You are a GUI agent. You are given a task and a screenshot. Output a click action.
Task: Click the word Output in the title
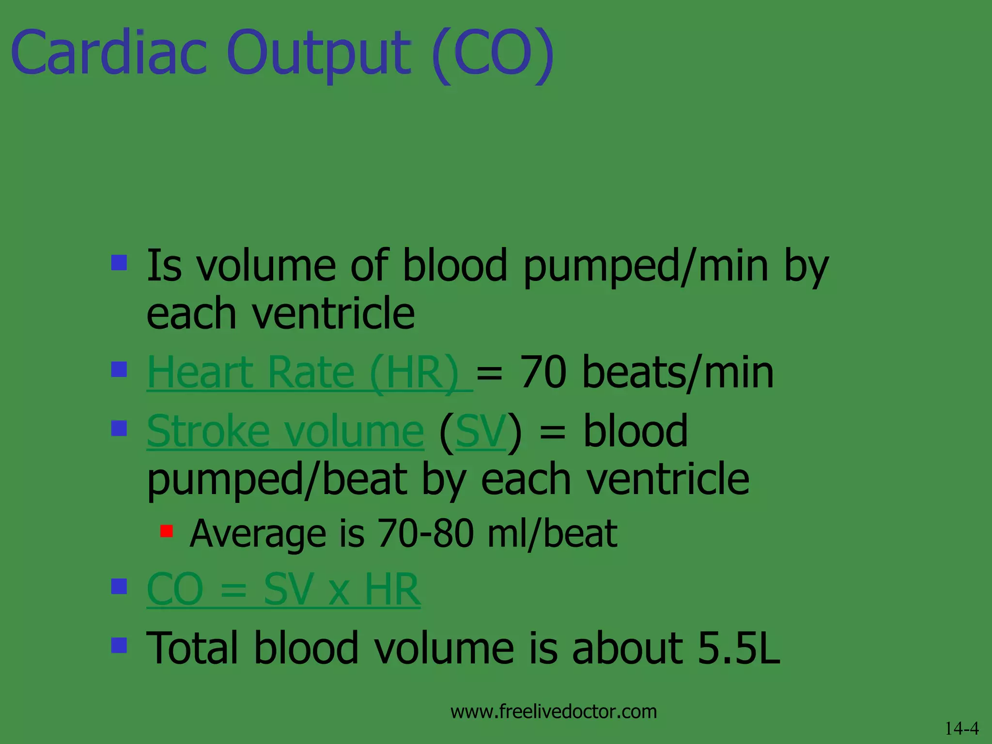[x=319, y=53]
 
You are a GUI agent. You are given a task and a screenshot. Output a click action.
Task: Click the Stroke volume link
[x=285, y=431]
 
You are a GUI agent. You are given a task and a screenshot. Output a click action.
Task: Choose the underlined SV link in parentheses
[x=480, y=431]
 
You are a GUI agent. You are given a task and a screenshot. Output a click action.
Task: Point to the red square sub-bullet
[x=167, y=531]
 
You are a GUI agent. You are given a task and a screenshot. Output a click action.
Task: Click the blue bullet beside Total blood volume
[x=119, y=645]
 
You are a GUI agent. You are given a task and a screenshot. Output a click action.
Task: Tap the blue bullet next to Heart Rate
[x=119, y=370]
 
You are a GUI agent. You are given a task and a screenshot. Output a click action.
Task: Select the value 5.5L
[x=739, y=648]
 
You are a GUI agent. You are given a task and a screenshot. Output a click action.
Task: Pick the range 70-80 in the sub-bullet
[x=425, y=533]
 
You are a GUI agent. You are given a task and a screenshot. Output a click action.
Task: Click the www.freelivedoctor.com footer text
[x=554, y=712]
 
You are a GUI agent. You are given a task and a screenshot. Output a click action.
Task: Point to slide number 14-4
[x=962, y=728]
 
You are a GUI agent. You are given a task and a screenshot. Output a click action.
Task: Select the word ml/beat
[x=552, y=533]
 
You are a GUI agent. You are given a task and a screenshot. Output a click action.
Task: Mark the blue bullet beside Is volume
[x=119, y=263]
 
